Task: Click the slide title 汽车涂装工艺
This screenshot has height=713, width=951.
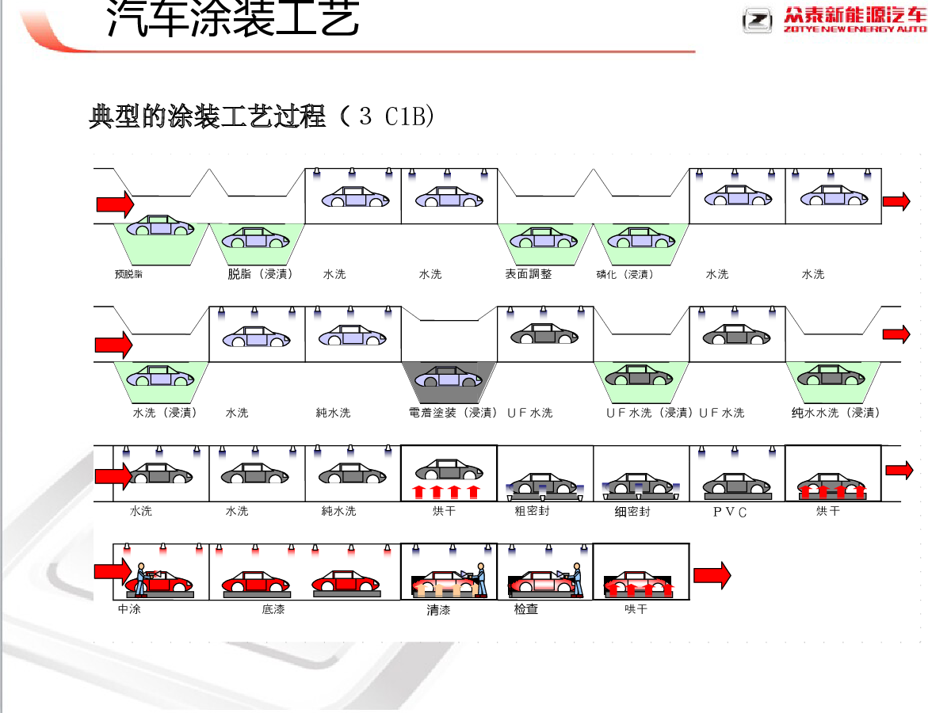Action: [x=233, y=20]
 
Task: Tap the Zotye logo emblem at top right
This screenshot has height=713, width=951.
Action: [x=757, y=20]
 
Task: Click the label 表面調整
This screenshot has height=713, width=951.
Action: [x=529, y=274]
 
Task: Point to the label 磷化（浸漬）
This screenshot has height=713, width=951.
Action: [x=625, y=275]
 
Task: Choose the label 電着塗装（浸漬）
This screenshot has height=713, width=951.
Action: [x=453, y=413]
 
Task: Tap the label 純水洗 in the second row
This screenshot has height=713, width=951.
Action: [x=333, y=413]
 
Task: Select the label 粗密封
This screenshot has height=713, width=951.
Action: [x=532, y=511]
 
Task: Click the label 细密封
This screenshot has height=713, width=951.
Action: [x=632, y=512]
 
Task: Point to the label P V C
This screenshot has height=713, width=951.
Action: [x=730, y=512]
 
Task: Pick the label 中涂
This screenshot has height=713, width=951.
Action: [x=129, y=609]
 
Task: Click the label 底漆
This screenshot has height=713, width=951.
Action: [x=273, y=609]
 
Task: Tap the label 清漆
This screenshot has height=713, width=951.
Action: [x=438, y=610]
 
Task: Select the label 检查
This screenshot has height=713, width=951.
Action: [x=526, y=609]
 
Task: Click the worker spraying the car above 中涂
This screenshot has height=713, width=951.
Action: [x=141, y=579]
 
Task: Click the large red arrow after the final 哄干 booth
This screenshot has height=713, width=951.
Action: [x=712, y=575]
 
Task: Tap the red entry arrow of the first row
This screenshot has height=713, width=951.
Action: [x=115, y=204]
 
